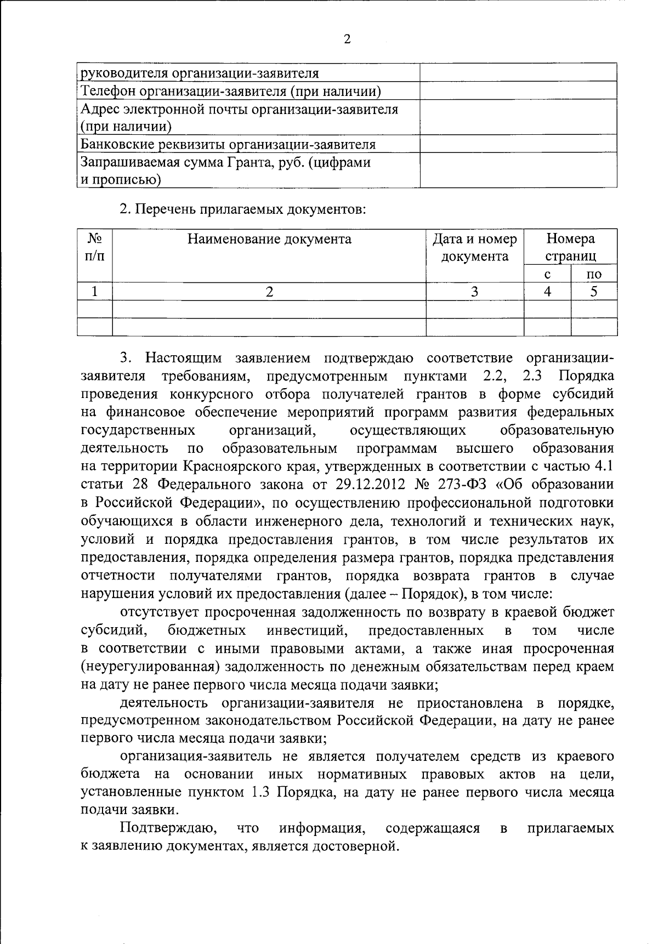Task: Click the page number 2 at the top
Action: pos(346,39)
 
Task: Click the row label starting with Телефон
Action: pos(230,92)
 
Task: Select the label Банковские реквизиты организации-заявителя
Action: pos(228,145)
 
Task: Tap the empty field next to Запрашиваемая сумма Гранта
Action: pos(518,170)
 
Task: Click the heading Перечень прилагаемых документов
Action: pos(242,209)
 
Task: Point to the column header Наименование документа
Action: pos(269,240)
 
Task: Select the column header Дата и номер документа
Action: pos(475,248)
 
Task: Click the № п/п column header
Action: pos(95,248)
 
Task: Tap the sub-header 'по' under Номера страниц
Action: pos(594,274)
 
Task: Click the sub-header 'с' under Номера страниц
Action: pos(547,274)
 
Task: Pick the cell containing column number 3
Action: pos(475,292)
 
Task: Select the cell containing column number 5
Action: pos(594,292)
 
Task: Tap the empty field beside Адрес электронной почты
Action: pos(518,117)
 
